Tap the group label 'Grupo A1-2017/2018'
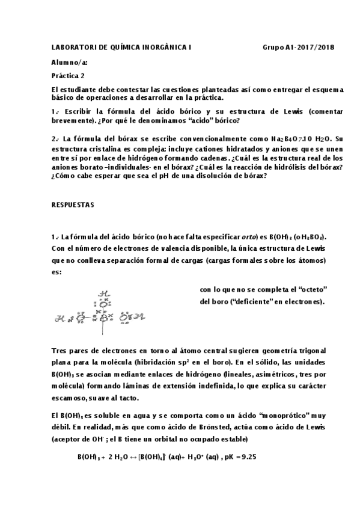(x=298, y=47)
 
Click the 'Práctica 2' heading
(x=69, y=76)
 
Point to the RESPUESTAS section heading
(x=73, y=204)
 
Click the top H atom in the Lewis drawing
(x=103, y=293)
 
